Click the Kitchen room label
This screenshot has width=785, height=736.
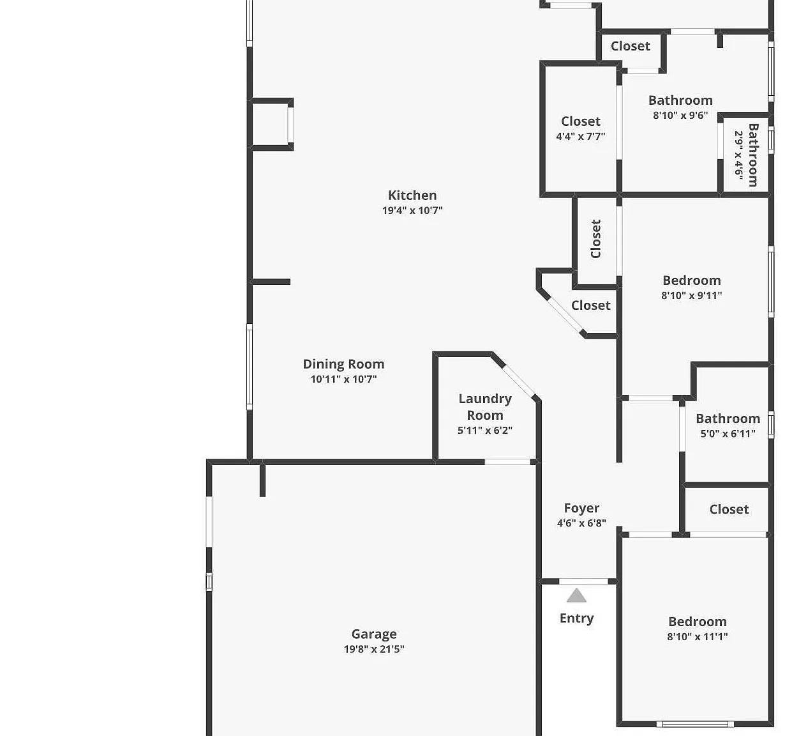pyautogui.click(x=412, y=195)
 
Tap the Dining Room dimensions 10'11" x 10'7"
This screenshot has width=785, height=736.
pyautogui.click(x=343, y=379)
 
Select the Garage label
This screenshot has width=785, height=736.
pyautogui.click(x=374, y=634)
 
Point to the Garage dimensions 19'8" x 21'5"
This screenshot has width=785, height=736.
pyautogui.click(x=374, y=649)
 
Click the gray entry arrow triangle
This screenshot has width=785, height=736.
pyautogui.click(x=576, y=595)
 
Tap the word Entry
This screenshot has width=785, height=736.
pyautogui.click(x=577, y=618)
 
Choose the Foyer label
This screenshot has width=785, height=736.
pyautogui.click(x=581, y=509)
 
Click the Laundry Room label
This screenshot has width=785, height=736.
pyautogui.click(x=485, y=407)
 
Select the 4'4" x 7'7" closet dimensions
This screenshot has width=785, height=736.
pyautogui.click(x=581, y=137)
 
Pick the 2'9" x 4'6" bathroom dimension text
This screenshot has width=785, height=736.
pyautogui.click(x=739, y=155)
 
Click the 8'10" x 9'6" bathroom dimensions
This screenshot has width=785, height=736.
pyautogui.click(x=680, y=116)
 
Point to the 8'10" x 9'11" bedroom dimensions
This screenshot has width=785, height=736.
pyautogui.click(x=692, y=296)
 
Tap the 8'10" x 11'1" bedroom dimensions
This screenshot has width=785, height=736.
pyautogui.click(x=698, y=637)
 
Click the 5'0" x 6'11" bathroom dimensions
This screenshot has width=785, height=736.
pyautogui.click(x=728, y=434)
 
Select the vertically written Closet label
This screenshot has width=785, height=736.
pyautogui.click(x=595, y=239)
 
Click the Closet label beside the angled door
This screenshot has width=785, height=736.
pyautogui.click(x=591, y=305)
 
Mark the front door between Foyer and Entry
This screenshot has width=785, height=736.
pyautogui.click(x=583, y=581)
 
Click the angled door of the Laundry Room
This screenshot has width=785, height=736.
pyautogui.click(x=519, y=381)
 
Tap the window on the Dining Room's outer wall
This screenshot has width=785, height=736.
pyautogui.click(x=250, y=367)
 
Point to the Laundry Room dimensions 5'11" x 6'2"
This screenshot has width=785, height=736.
pyautogui.click(x=485, y=431)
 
